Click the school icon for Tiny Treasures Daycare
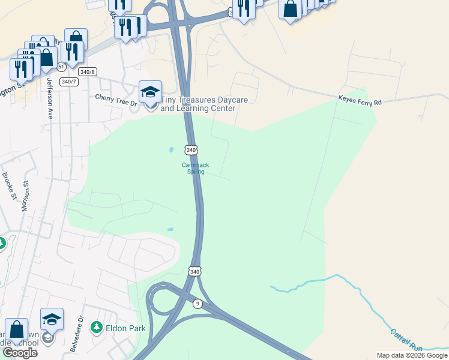click(x=150, y=92)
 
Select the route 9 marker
click(x=198, y=304)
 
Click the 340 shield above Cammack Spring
click(x=191, y=149)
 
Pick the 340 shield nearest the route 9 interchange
click(x=194, y=272)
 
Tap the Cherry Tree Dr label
click(x=116, y=99)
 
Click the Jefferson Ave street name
click(x=49, y=99)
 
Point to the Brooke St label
click(x=9, y=185)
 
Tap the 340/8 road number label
click(x=88, y=71)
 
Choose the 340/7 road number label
click(x=68, y=81)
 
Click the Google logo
click(x=20, y=353)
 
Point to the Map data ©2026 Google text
click(x=411, y=355)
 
